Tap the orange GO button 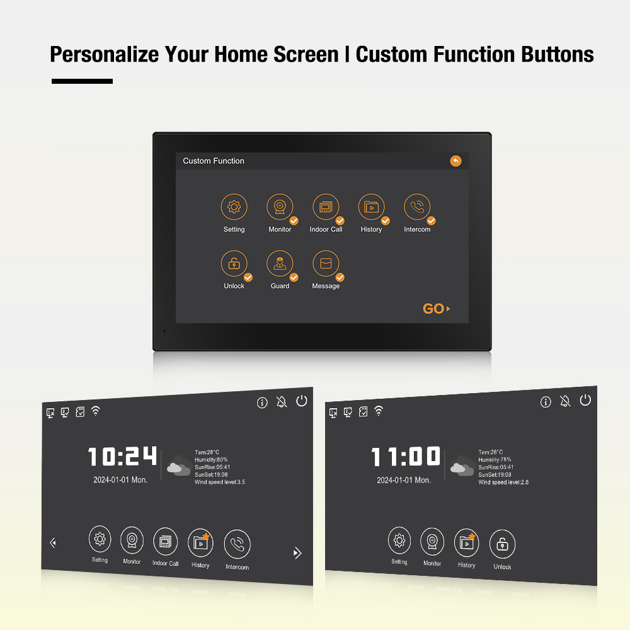[x=437, y=309]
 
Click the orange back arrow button [x=455, y=161]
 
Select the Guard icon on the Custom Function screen [x=280, y=263]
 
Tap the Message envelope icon [x=326, y=263]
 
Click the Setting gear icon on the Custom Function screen [x=234, y=207]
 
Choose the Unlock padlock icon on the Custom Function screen [x=234, y=263]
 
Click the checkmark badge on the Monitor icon [x=294, y=220]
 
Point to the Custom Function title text [x=214, y=161]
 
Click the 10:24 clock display [x=122, y=456]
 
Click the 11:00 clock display [x=405, y=456]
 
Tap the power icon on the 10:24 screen [x=302, y=401]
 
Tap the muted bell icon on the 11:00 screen [x=565, y=401]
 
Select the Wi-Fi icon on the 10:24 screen [x=96, y=411]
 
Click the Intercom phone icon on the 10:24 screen [x=237, y=544]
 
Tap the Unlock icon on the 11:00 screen [x=502, y=544]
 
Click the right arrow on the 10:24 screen [x=297, y=553]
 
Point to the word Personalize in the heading [x=105, y=55]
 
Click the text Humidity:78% [x=495, y=460]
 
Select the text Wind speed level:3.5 [x=220, y=482]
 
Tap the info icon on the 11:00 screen [x=546, y=402]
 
